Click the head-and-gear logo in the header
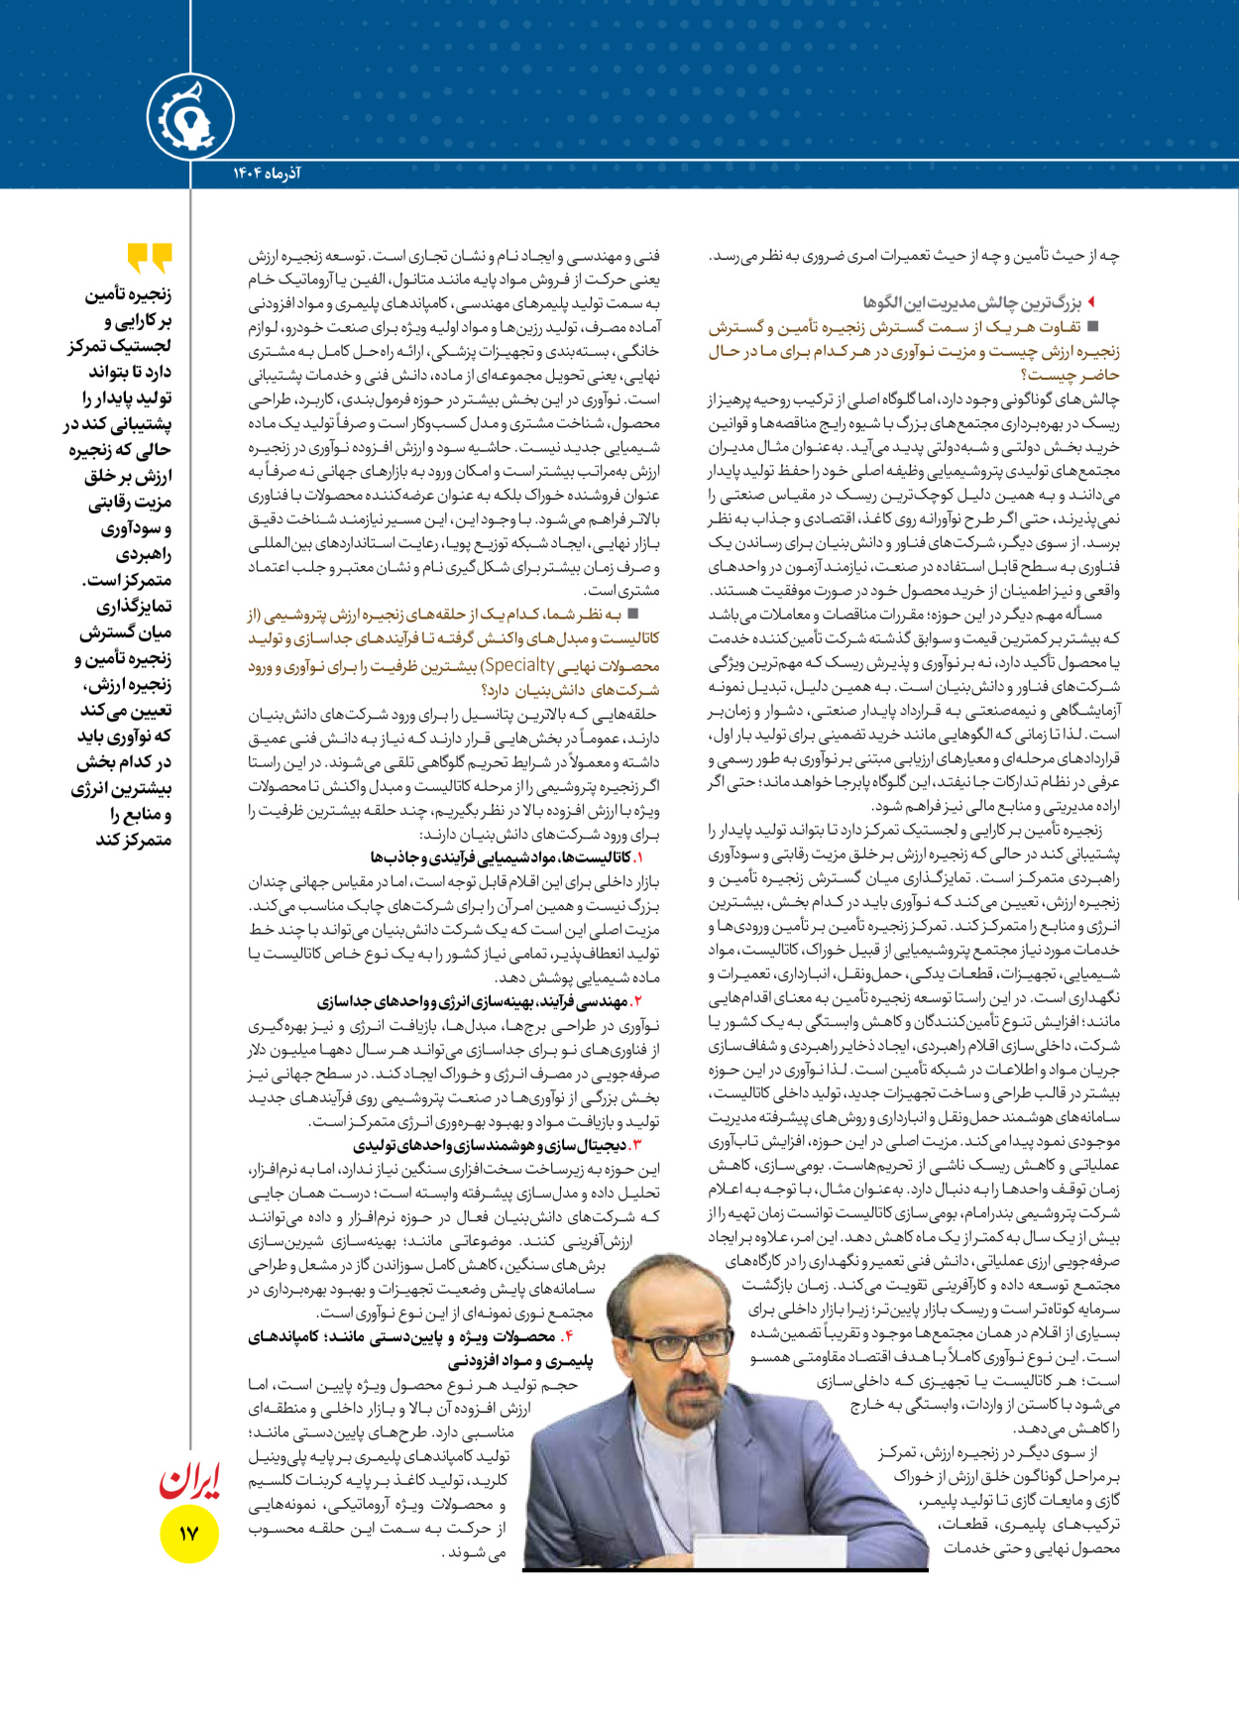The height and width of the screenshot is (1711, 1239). click(190, 118)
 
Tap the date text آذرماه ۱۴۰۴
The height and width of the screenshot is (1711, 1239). click(267, 173)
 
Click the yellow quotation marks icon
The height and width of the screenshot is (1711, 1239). click(150, 257)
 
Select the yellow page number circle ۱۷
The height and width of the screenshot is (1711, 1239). click(188, 1534)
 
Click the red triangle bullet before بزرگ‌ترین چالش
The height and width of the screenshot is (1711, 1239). click(1091, 301)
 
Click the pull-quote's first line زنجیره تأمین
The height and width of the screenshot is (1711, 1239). click(128, 295)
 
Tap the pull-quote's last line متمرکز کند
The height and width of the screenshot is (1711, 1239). click(133, 840)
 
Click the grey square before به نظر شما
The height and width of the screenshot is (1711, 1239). click(633, 615)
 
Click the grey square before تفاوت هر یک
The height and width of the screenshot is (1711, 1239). click(1093, 325)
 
